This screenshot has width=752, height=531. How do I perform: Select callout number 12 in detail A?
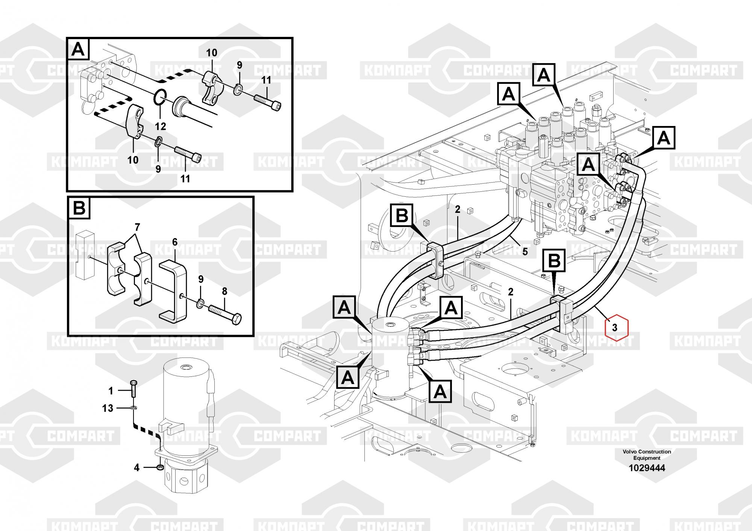[x=161, y=126]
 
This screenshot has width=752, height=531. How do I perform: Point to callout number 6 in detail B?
[x=174, y=242]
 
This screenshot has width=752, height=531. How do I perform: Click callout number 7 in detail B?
[x=137, y=227]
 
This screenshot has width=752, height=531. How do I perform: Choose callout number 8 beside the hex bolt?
[x=224, y=291]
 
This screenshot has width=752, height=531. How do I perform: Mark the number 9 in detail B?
[x=201, y=279]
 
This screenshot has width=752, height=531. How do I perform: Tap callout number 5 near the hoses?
[x=525, y=251]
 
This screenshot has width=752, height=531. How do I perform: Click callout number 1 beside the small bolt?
[x=111, y=391]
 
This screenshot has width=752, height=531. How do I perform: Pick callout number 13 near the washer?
[x=108, y=408]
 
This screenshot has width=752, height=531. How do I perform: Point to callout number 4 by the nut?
[x=136, y=467]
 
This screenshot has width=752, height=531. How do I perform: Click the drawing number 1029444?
[x=647, y=468]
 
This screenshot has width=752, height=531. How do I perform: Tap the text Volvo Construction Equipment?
[x=647, y=455]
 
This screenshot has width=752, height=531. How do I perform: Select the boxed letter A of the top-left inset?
[x=78, y=49]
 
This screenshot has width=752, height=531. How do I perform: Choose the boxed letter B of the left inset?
[x=79, y=208]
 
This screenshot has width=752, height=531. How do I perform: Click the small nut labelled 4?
[x=160, y=468]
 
